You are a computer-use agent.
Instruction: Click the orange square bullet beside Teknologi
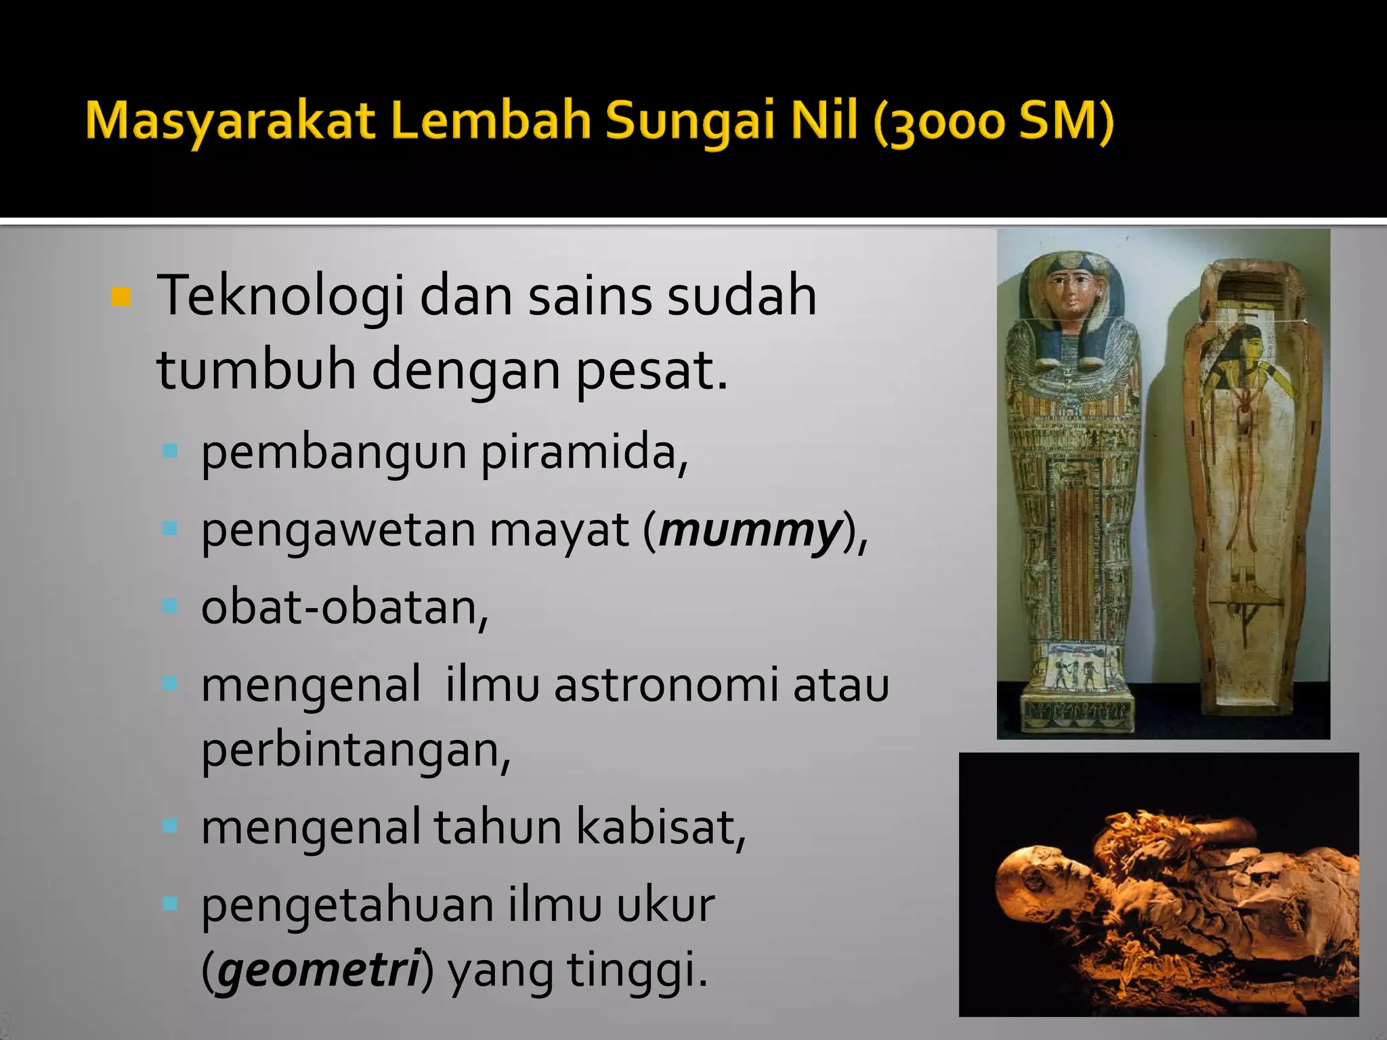pos(121,297)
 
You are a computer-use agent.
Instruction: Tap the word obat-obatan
pos(344,607)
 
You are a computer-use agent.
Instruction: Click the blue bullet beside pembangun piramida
pos(170,451)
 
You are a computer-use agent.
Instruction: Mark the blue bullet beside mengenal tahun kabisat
pos(170,826)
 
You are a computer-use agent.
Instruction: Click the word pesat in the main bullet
pos(652,370)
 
